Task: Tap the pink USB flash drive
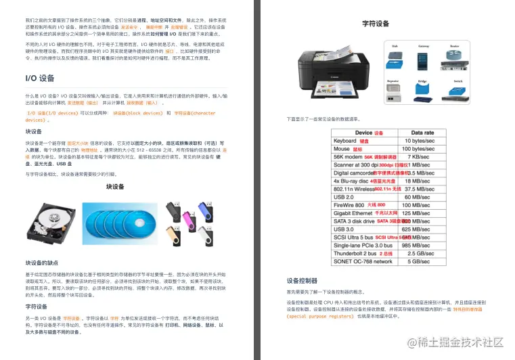click(x=188, y=216)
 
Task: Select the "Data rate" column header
click(x=422, y=133)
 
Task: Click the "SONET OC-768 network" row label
click(x=363, y=261)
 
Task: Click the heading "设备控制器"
click(x=302, y=280)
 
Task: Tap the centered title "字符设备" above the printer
click(x=376, y=24)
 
